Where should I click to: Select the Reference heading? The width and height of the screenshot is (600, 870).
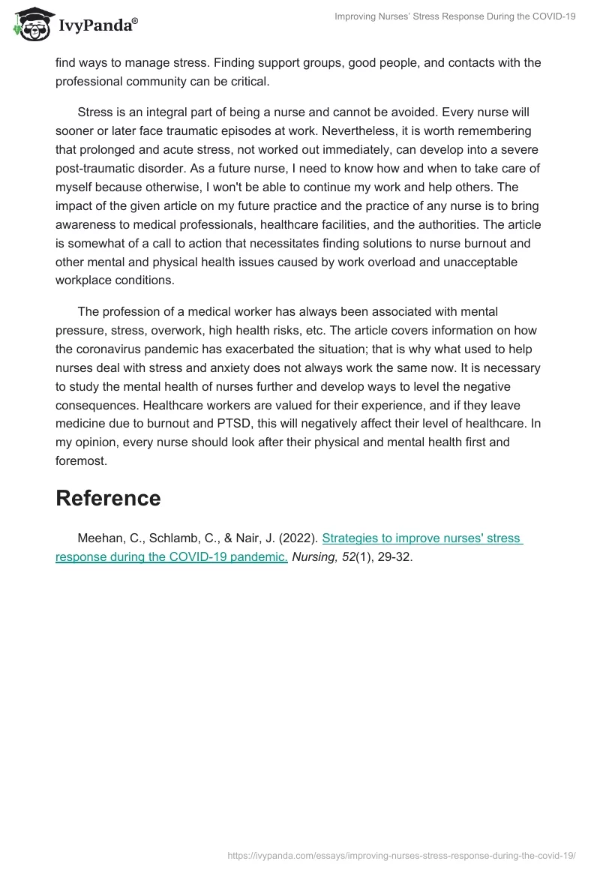click(x=108, y=499)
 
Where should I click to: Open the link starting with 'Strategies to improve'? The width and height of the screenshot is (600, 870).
click(x=422, y=538)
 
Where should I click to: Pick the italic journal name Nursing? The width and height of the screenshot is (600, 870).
click(x=311, y=558)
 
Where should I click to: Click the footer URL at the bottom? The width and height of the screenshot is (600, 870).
click(x=400, y=855)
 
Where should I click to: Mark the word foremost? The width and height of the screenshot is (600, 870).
click(x=81, y=461)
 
